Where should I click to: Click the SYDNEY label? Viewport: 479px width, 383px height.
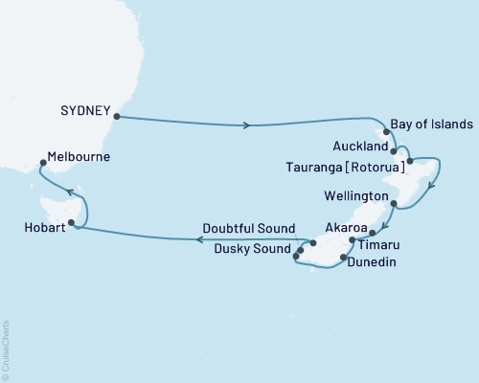pos(85,109)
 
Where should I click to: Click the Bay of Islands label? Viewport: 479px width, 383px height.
pos(432,124)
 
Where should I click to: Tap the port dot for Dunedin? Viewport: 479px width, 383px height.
pos(343,258)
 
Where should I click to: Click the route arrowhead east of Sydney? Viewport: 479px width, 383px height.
pos(249,125)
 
